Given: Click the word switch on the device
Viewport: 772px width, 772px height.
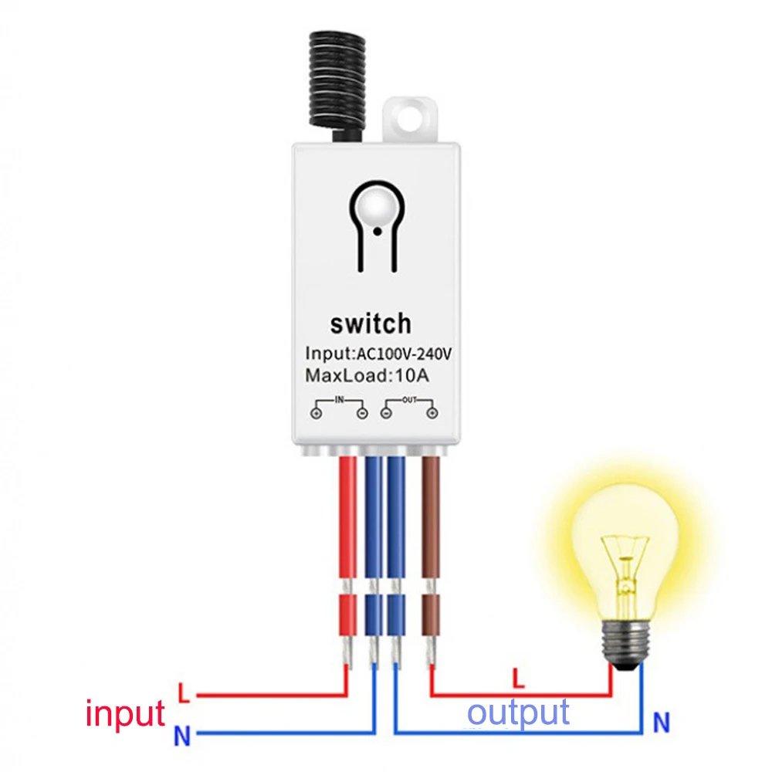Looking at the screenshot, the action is pos(371,324).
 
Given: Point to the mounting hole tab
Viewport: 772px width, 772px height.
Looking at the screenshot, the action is pos(410,119).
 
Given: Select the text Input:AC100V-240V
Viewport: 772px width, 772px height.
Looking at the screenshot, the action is pos(378,354).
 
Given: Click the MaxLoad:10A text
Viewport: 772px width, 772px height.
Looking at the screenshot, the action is pos(367,376).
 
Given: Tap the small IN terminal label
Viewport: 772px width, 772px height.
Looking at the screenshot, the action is pos(339,400).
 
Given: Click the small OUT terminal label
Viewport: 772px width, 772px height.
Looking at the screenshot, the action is pos(409,400).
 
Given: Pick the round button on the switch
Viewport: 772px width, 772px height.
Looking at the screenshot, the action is pos(377,207).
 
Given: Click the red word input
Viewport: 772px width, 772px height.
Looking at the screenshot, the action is pos(125,714).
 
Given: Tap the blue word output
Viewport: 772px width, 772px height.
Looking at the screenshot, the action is pos(519,713).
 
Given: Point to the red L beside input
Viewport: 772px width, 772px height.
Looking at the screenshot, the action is pos(184,692).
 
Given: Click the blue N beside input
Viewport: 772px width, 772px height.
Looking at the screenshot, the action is pos(181,736).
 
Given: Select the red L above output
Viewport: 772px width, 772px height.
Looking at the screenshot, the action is pos(518,678).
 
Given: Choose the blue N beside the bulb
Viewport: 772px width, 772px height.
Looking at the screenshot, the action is pos(662,723).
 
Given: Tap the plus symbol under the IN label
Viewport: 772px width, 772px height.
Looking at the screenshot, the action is pos(317,413).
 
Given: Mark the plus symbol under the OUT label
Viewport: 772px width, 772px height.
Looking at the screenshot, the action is pos(432,413).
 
